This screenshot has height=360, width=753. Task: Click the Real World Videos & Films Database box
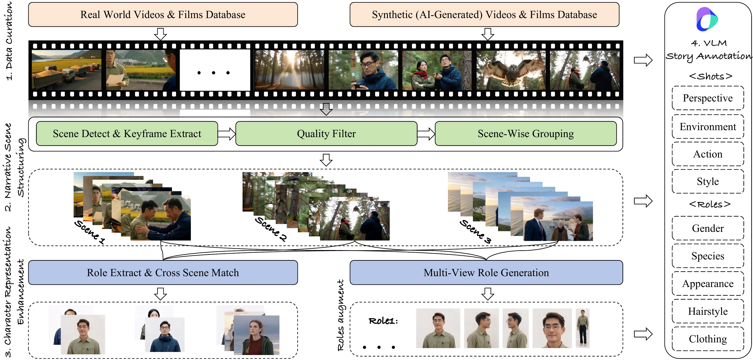[163, 15]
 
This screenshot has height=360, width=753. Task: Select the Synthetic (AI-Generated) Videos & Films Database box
[484, 15]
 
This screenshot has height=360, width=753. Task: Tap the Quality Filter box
[326, 134]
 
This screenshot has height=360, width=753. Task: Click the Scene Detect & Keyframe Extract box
[127, 134]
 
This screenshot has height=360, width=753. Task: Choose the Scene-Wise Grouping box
[526, 134]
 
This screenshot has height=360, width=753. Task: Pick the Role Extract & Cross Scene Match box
[163, 273]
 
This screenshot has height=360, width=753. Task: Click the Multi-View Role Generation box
[486, 273]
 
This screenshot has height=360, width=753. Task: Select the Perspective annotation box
[708, 98]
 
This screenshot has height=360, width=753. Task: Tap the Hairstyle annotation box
[708, 311]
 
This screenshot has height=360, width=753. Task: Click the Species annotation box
[708, 256]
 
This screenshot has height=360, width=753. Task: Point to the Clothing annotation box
[708, 339]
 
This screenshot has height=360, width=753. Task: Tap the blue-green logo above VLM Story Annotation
[707, 19]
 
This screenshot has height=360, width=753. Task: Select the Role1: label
[383, 321]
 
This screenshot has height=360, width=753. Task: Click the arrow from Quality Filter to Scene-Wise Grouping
[426, 134]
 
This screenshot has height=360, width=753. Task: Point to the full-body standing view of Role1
[583, 328]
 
